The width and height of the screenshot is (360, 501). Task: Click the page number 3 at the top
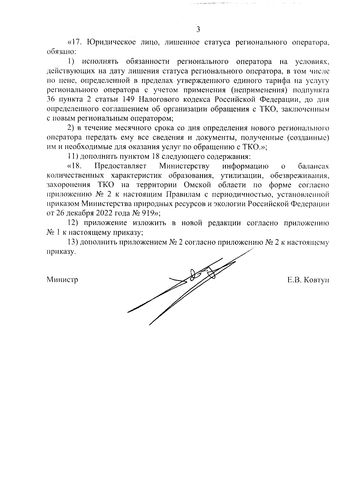[x=198, y=29]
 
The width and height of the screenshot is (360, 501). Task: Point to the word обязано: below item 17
[x=62, y=51]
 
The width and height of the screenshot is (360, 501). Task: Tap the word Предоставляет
[x=120, y=166]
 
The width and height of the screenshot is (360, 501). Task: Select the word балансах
[x=314, y=166]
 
